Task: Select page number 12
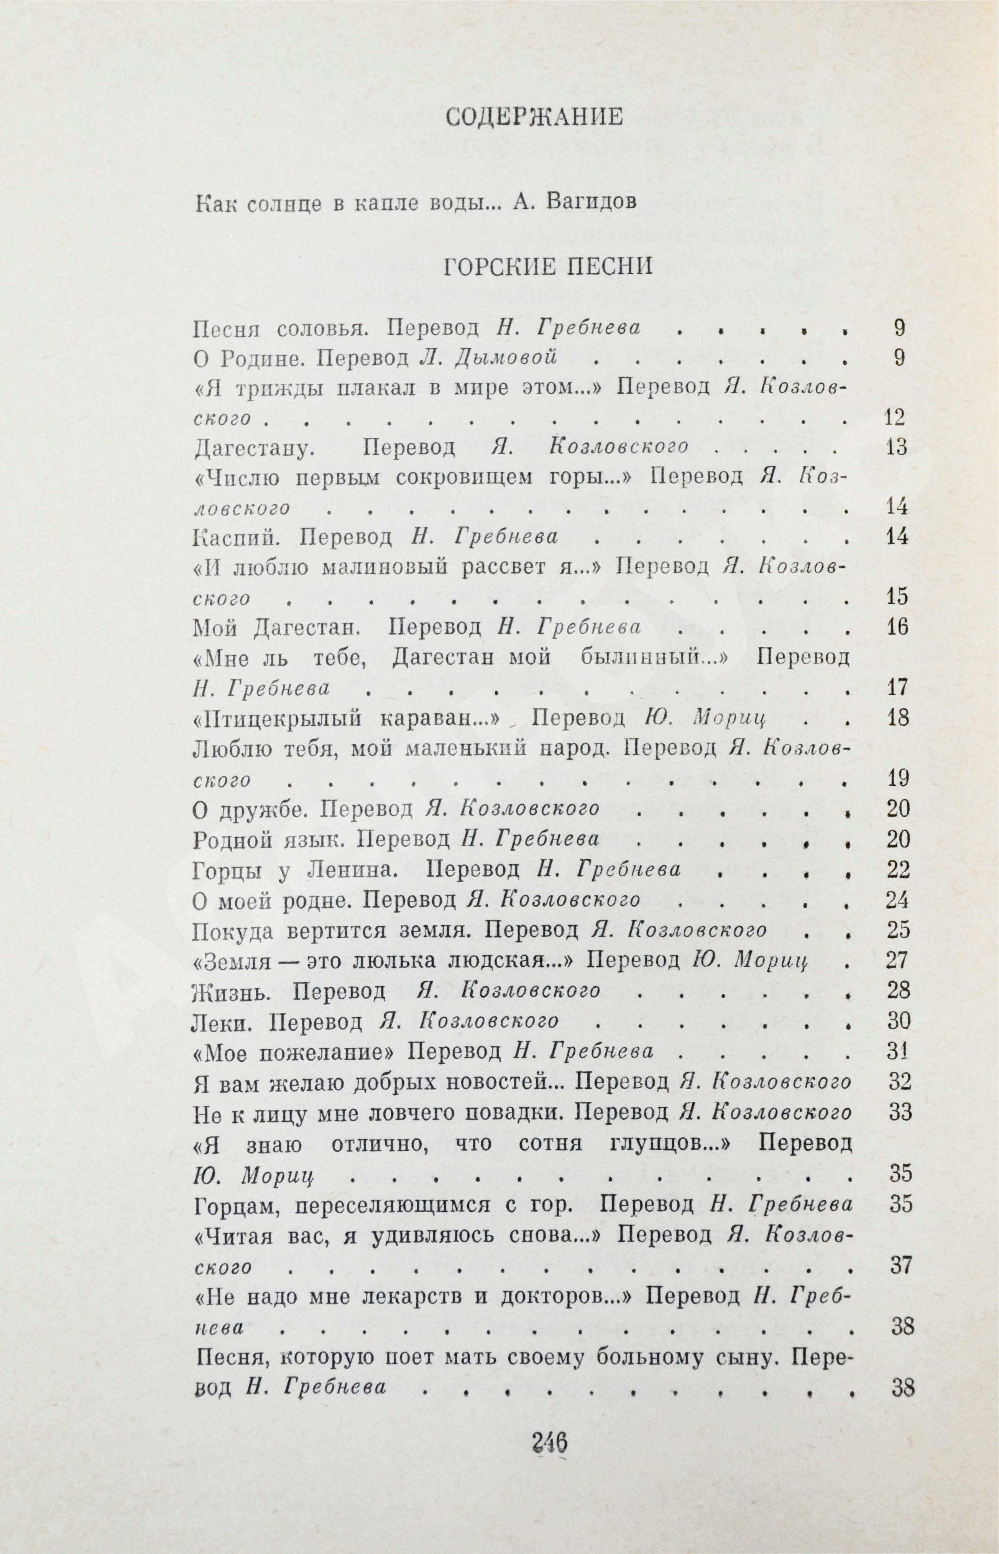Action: pos(895,417)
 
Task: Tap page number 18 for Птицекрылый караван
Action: pos(898,718)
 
